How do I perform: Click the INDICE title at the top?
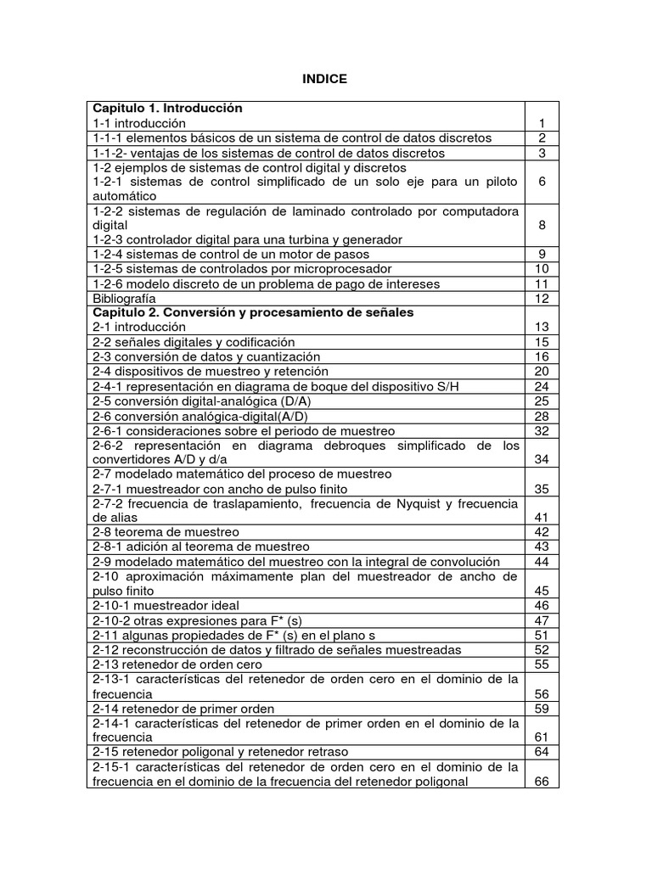point(325,79)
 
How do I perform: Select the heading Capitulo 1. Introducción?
point(167,109)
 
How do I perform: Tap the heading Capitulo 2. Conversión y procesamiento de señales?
point(253,312)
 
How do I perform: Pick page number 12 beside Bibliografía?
point(542,299)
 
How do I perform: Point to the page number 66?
point(542,782)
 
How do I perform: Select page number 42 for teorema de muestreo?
point(542,532)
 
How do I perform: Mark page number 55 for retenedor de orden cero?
point(542,664)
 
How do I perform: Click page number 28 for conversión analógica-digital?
point(542,416)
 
